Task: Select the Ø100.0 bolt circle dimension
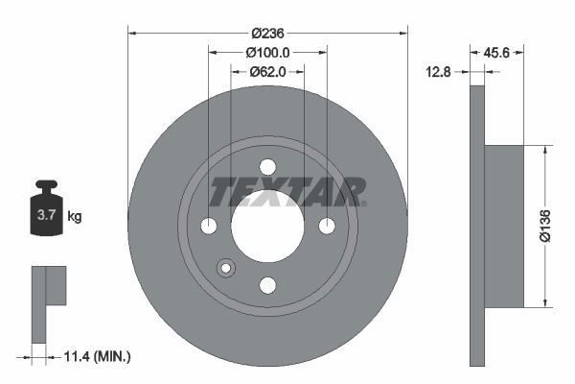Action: click(x=267, y=52)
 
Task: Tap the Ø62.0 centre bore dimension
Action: click(x=267, y=71)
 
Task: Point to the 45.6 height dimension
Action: click(x=496, y=52)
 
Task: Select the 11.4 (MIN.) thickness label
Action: click(x=95, y=357)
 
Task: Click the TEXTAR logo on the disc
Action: click(x=286, y=191)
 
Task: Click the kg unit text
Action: click(x=75, y=217)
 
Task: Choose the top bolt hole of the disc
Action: click(x=267, y=167)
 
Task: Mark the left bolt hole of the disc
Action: click(x=209, y=226)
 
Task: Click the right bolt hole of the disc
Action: click(x=327, y=226)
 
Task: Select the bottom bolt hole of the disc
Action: click(x=267, y=284)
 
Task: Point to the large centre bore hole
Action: click(x=267, y=230)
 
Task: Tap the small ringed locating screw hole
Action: click(x=226, y=268)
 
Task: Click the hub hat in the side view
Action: click(x=504, y=226)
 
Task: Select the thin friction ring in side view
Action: click(x=477, y=226)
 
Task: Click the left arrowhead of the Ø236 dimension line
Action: click(x=132, y=32)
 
